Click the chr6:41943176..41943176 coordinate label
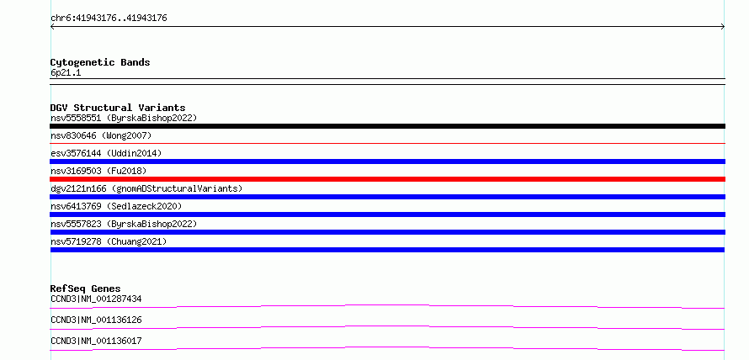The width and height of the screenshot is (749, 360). point(109,19)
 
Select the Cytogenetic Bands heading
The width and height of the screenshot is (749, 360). point(100,62)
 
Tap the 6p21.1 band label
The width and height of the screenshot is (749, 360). point(66,73)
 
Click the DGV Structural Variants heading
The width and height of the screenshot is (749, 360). point(118,108)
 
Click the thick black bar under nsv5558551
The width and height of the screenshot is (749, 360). point(387,126)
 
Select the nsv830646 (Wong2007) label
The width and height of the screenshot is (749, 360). point(101,136)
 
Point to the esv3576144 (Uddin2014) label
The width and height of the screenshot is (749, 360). point(106,153)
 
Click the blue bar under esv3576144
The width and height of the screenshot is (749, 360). point(387,161)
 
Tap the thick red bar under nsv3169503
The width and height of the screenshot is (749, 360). point(387,179)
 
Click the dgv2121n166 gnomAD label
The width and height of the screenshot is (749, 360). point(146,188)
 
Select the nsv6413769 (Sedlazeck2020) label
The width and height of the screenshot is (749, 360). point(116,206)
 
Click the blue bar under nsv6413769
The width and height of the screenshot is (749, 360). point(387,214)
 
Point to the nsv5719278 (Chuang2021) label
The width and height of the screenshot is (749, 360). point(109,241)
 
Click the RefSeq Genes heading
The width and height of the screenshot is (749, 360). point(86,289)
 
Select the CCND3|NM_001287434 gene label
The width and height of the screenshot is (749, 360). point(96,299)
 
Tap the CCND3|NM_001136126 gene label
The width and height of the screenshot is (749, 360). point(96,320)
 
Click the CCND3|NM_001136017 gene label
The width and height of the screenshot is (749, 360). point(96,341)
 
